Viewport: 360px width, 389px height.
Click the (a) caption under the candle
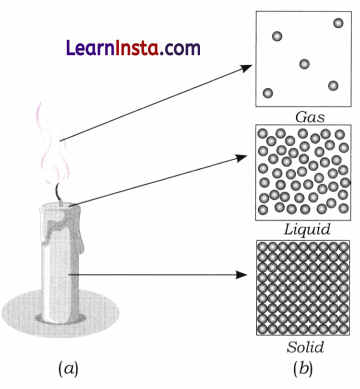[x=68, y=368]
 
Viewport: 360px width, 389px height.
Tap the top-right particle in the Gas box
[x=338, y=22]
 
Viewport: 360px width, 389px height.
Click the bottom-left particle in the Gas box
[x=267, y=93]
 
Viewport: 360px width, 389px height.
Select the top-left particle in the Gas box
[x=277, y=35]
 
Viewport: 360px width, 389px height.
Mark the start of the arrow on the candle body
[x=72, y=271]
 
